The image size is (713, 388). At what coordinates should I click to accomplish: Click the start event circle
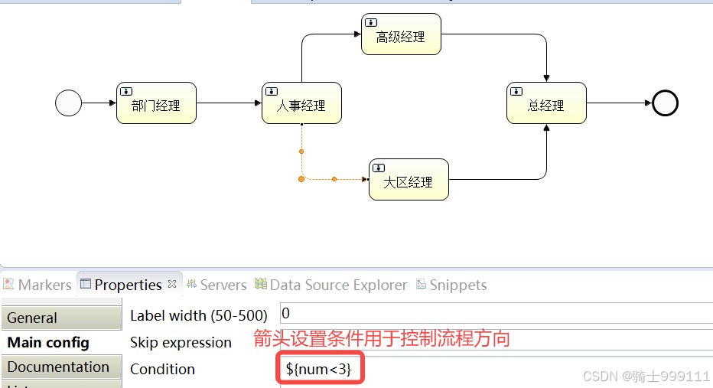69,103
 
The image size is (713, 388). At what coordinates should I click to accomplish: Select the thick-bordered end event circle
665,103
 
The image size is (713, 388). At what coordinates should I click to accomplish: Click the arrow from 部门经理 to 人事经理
229,103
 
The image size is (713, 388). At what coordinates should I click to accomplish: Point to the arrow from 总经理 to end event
619,103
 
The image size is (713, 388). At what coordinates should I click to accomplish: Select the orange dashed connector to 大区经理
334,179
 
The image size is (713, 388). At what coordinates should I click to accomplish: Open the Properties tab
128,285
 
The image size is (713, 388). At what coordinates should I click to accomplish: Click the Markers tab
44,285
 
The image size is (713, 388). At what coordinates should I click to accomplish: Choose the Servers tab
223,285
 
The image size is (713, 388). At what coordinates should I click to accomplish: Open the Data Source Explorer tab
338,285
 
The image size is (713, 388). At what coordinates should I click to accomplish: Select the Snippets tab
457,285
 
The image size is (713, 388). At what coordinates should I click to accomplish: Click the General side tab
32,318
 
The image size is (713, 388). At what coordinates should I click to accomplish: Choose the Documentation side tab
58,367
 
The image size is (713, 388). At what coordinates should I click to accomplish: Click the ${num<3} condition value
318,369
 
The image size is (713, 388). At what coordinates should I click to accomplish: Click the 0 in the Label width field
285,314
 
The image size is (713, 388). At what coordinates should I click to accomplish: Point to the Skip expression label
181,342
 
